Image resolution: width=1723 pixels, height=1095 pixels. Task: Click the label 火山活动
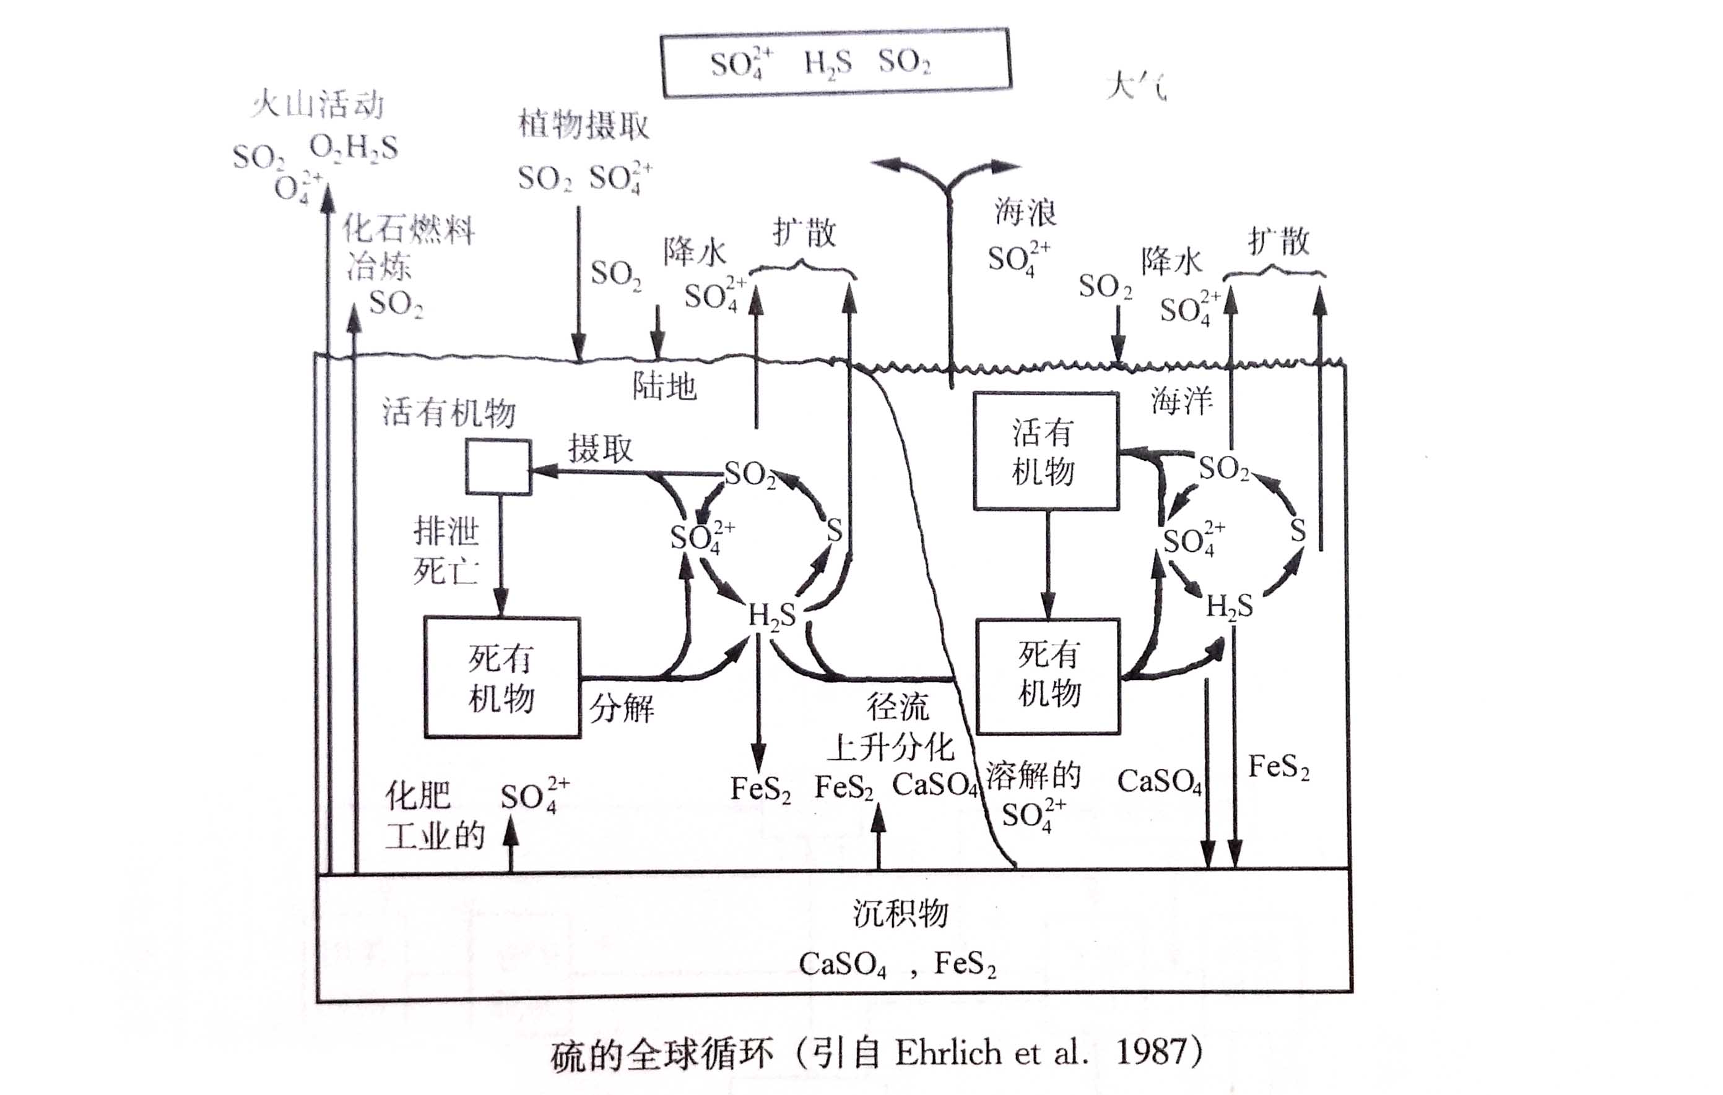tap(318, 105)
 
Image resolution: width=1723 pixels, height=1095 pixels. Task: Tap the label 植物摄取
tap(583, 125)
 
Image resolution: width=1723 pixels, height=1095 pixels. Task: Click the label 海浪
tap(1025, 212)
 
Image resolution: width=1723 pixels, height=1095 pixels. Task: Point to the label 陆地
tap(664, 387)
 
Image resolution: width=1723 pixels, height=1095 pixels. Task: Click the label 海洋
tap(1181, 400)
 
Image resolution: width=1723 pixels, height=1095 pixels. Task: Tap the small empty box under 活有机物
tap(498, 467)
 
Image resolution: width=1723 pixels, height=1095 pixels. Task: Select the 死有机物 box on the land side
tap(501, 677)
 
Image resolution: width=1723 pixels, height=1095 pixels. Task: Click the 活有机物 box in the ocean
tap(1046, 452)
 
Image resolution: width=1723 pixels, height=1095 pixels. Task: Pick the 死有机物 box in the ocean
tap(1048, 676)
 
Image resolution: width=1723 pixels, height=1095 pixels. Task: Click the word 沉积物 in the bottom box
tap(900, 913)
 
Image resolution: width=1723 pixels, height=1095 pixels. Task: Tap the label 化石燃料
tap(408, 230)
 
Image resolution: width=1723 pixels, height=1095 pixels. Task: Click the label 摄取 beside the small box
tap(601, 449)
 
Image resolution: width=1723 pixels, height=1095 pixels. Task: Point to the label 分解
tap(621, 708)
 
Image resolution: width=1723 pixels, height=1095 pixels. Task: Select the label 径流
tap(897, 706)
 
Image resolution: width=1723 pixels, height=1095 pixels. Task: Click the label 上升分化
tap(890, 748)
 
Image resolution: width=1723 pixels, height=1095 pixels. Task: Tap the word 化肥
tap(417, 796)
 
